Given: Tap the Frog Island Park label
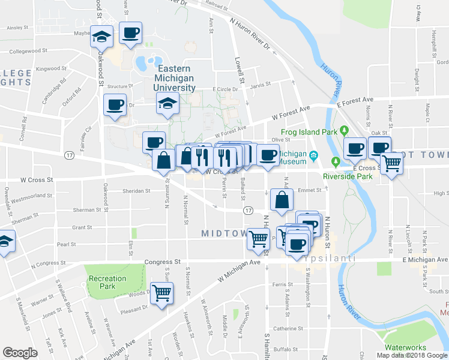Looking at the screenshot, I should (306, 132).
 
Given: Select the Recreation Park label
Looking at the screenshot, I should (107, 283).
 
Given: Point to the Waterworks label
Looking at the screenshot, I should (405, 347).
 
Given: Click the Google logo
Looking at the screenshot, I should (20, 353).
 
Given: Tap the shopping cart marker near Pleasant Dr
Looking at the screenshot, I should (162, 293).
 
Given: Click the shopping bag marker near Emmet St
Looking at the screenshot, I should (282, 200).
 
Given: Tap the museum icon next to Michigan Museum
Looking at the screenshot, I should (314, 157).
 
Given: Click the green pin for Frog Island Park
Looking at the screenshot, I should (344, 130).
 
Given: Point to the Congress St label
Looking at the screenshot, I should (162, 262).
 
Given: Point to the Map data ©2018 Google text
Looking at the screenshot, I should (412, 355).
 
